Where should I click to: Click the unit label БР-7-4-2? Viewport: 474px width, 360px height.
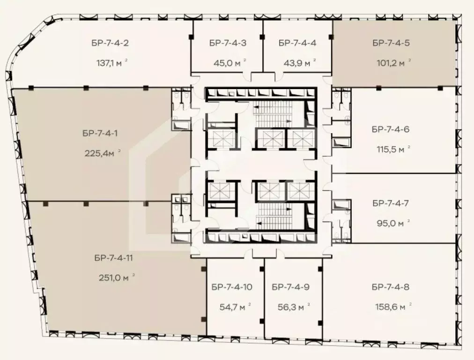click(x=110, y=43)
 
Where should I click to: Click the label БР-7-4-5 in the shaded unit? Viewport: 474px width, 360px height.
click(x=391, y=43)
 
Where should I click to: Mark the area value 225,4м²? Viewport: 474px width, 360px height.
click(x=103, y=153)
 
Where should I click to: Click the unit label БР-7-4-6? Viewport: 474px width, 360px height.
click(x=391, y=129)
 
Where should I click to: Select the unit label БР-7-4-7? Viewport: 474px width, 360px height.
click(x=391, y=203)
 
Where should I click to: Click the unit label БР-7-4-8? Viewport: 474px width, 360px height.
click(x=391, y=287)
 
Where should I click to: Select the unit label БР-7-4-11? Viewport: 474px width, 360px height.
click(x=114, y=257)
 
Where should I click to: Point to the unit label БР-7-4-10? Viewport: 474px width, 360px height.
click(x=232, y=287)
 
